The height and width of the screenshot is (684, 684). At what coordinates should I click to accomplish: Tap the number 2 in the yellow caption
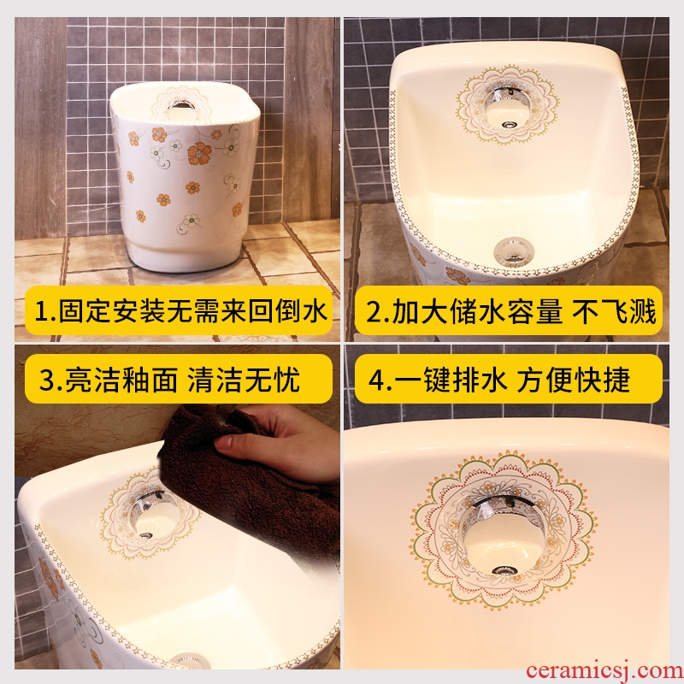click(374, 311)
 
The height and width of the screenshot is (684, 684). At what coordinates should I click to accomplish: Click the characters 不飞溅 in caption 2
click(614, 311)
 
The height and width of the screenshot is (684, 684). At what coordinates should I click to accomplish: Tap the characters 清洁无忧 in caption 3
click(244, 380)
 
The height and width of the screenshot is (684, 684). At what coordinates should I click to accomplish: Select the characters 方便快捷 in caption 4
click(574, 380)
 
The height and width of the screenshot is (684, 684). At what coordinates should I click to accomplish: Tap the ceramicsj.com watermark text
click(604, 670)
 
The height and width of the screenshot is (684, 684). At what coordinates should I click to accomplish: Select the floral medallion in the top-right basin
click(507, 105)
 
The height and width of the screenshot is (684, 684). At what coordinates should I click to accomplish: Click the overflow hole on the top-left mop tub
click(183, 103)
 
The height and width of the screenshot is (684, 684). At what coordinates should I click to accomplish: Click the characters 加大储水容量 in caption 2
click(477, 311)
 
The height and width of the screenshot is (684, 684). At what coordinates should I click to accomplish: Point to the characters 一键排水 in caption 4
click(451, 380)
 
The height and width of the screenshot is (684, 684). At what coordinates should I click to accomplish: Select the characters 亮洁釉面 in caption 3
click(121, 380)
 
